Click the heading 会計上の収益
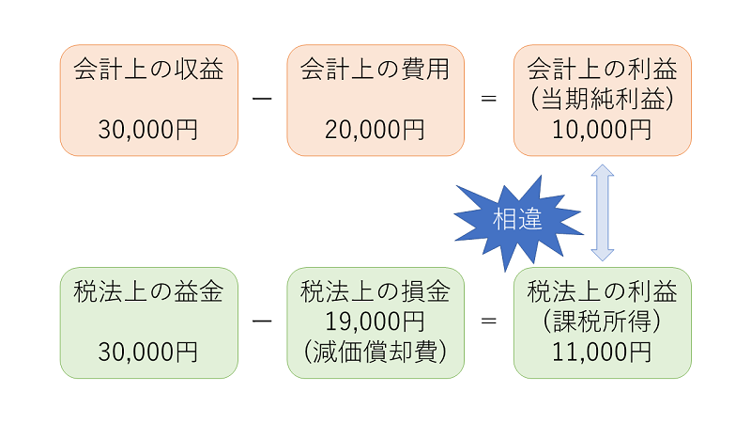click(x=148, y=70)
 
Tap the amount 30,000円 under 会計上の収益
click(x=148, y=130)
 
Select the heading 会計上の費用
click(x=375, y=70)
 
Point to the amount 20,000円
click(x=375, y=130)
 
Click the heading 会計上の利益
click(x=602, y=70)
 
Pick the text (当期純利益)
click(x=602, y=100)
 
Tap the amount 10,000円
click(x=602, y=130)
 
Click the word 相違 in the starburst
click(x=517, y=219)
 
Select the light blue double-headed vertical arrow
click(x=603, y=212)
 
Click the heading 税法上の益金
click(x=148, y=291)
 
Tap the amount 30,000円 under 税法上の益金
click(x=148, y=352)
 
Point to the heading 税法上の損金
click(x=375, y=291)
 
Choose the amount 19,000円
click(x=375, y=321)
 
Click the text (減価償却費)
click(x=375, y=352)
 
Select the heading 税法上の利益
click(x=602, y=291)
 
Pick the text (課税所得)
click(x=602, y=321)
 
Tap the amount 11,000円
click(x=602, y=352)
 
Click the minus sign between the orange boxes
click(x=262, y=99)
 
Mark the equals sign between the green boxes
click(x=488, y=321)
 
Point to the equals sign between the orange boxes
click(x=488, y=99)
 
